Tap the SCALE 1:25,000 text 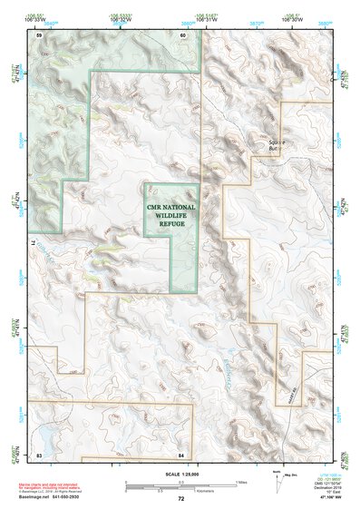coord(180,474)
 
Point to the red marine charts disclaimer coord(60,485)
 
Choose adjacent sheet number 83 coord(39,453)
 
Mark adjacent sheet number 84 coord(181,453)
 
